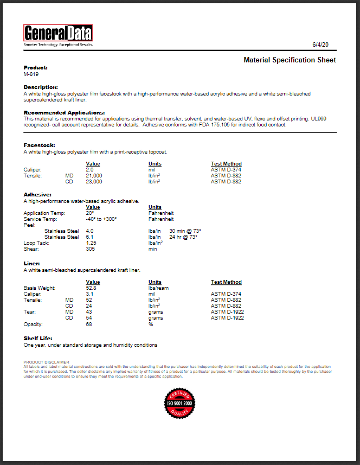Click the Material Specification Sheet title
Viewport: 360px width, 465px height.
pyautogui.click(x=290, y=60)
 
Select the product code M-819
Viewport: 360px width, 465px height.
pyautogui.click(x=31, y=74)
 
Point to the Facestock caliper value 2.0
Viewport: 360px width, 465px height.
pyautogui.click(x=90, y=170)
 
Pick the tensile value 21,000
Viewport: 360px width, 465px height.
pyautogui.click(x=94, y=176)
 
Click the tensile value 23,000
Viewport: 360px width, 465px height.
pyautogui.click(x=94, y=182)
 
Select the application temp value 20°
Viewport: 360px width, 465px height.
pyautogui.click(x=90, y=213)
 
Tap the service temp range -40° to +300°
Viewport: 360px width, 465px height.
pyautogui.click(x=101, y=219)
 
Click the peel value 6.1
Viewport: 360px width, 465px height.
pyautogui.click(x=90, y=237)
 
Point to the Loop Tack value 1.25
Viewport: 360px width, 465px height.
pyautogui.click(x=91, y=243)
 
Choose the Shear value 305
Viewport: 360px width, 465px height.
pyautogui.click(x=91, y=249)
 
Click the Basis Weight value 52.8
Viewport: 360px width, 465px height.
pyautogui.click(x=91, y=288)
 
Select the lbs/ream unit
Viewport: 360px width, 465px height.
pyautogui.click(x=158, y=288)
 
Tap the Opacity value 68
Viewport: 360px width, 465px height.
pyautogui.click(x=89, y=324)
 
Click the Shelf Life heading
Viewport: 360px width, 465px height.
pyautogui.click(x=38, y=339)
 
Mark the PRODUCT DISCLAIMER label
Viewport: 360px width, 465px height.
pyautogui.click(x=47, y=362)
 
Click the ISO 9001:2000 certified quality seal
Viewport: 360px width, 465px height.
pyautogui.click(x=179, y=403)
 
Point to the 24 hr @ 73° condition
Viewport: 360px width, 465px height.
pyautogui.click(x=183, y=237)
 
